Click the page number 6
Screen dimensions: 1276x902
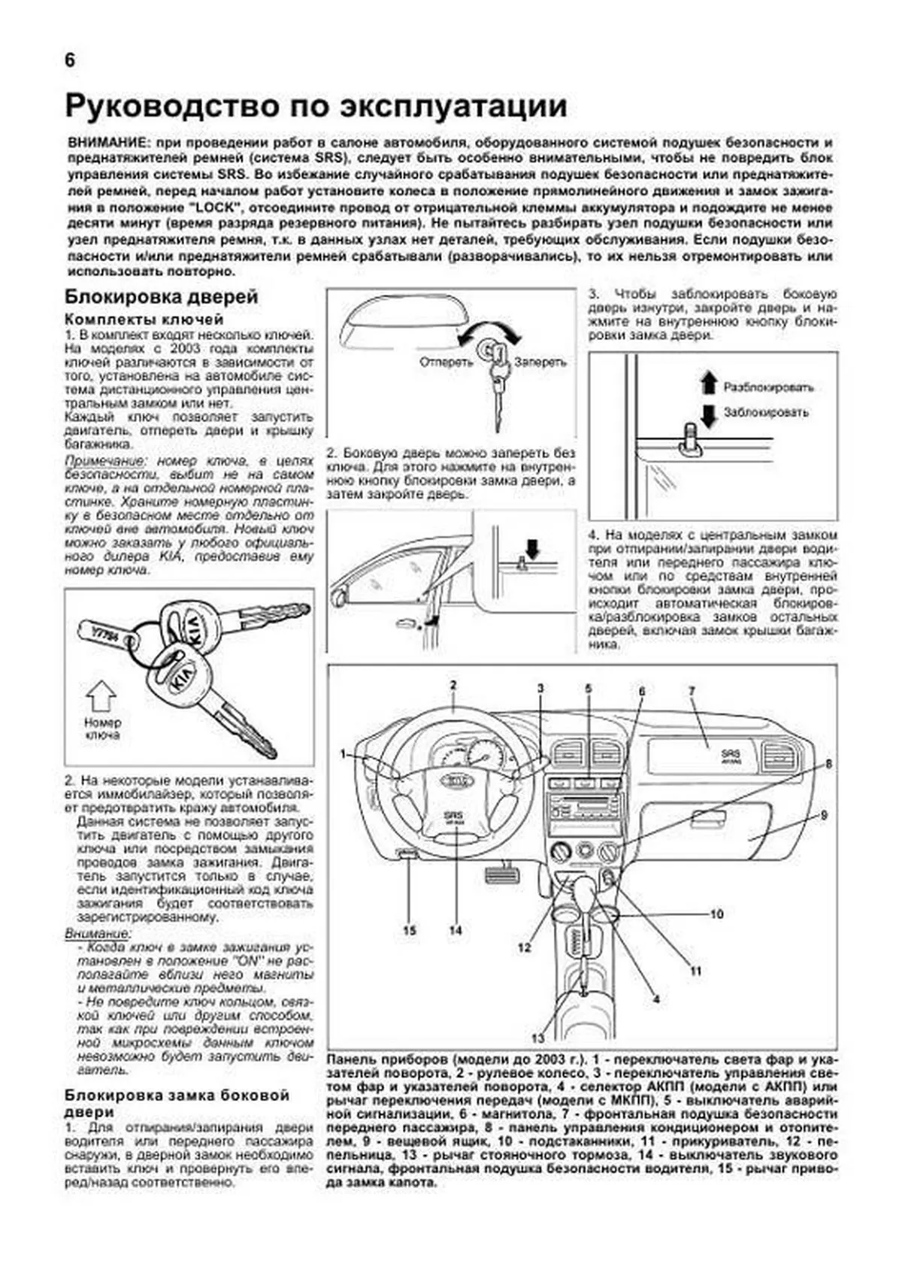[70, 61]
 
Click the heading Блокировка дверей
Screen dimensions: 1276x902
[162, 297]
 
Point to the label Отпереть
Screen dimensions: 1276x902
[446, 362]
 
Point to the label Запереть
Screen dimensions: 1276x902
[540, 362]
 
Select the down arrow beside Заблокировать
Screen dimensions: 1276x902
[708, 415]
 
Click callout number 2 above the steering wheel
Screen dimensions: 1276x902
[453, 685]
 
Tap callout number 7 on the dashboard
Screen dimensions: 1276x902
[692, 690]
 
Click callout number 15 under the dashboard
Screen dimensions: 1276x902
[409, 931]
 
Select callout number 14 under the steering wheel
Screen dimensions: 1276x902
[456, 931]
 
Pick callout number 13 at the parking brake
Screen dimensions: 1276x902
[537, 1039]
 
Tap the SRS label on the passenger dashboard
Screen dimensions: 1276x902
[729, 753]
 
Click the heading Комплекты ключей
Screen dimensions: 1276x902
[144, 320]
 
